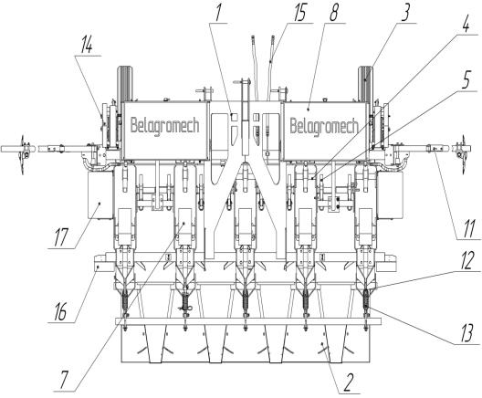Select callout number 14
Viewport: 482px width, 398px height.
click(87, 46)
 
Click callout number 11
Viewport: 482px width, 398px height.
click(468, 229)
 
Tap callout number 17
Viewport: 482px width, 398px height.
click(61, 237)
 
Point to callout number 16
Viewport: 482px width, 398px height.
click(60, 312)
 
